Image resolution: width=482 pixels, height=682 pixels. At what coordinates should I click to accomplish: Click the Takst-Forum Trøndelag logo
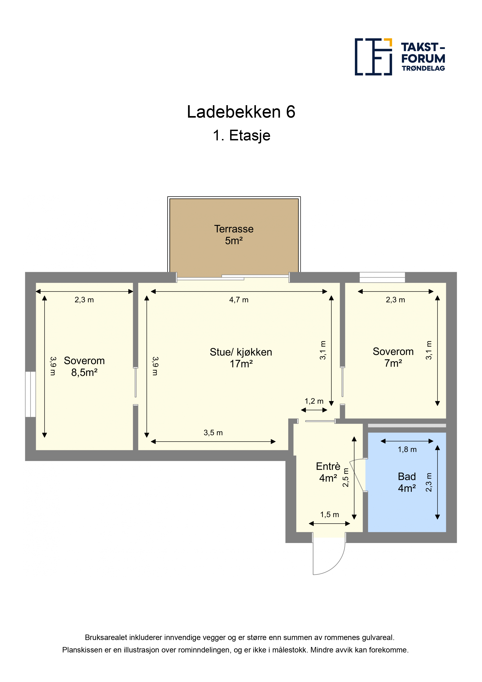point(400,57)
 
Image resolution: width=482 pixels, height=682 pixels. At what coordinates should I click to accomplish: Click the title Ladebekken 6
point(241,112)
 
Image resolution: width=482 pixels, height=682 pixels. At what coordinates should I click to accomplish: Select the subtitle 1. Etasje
point(241,136)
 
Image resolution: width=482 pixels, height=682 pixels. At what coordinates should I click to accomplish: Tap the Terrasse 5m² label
point(234,235)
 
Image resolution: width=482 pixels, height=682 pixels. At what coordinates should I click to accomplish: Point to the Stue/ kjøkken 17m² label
point(241,358)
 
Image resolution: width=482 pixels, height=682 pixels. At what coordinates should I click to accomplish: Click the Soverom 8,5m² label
point(84,366)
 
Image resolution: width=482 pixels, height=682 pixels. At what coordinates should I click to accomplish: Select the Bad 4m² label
point(407,482)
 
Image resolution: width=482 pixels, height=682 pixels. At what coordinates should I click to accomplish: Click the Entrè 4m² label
point(328,472)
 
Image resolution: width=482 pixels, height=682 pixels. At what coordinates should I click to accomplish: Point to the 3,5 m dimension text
point(213,433)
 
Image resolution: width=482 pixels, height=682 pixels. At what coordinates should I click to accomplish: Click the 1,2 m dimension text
point(314,401)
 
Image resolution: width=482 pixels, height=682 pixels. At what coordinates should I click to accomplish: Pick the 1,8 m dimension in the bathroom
point(407,449)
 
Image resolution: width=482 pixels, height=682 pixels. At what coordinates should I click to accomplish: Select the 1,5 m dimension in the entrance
point(329,514)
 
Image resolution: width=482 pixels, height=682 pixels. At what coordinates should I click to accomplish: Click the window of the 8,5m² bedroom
point(31,394)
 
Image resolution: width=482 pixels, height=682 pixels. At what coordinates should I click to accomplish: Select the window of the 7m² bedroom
point(382,277)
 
